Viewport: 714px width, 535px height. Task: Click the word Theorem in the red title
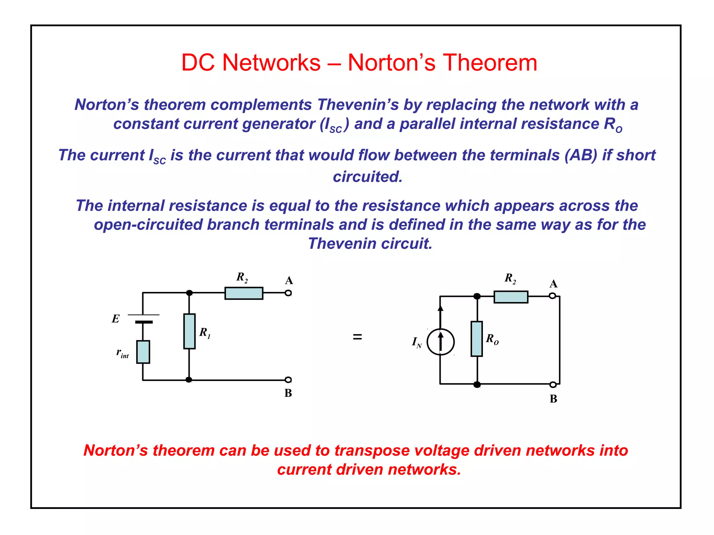(x=490, y=63)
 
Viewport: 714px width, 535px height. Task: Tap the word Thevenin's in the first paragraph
(x=358, y=104)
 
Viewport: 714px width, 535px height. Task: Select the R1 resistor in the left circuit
(x=189, y=331)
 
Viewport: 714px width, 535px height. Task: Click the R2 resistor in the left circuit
(x=244, y=293)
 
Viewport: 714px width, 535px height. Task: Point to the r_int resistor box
(x=143, y=352)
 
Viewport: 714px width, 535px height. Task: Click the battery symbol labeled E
(x=143, y=318)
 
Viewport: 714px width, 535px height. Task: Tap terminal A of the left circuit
(x=288, y=293)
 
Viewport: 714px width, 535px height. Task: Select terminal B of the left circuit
(x=288, y=380)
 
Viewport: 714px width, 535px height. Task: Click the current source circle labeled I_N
(x=441, y=342)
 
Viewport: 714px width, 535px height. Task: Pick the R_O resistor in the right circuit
(x=477, y=339)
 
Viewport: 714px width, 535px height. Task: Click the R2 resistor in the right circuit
(x=511, y=297)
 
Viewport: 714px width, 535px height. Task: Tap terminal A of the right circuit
(x=552, y=296)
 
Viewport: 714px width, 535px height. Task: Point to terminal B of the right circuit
(x=553, y=385)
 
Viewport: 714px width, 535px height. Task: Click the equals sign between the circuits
(x=357, y=337)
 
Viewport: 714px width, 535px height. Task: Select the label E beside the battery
(x=115, y=319)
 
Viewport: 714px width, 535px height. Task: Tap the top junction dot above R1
(x=189, y=293)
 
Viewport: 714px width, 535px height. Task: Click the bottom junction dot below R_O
(x=477, y=385)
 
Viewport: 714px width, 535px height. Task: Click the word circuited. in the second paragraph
(x=368, y=177)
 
